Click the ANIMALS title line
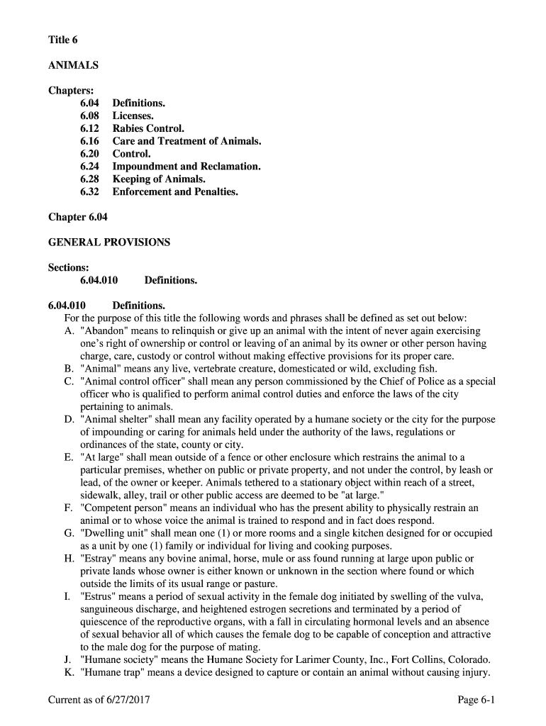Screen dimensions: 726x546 [x=73, y=65]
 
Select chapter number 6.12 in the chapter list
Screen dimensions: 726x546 [x=89, y=128]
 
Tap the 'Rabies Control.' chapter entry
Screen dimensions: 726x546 [x=148, y=128]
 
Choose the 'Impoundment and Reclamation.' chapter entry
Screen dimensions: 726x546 [x=186, y=167]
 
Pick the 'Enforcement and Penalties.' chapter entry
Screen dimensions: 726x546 [x=175, y=191]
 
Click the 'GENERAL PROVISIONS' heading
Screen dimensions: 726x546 [x=109, y=242]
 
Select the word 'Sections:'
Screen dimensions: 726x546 [x=69, y=267]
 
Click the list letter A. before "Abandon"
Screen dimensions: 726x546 [x=69, y=331]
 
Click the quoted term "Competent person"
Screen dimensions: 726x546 [x=121, y=508]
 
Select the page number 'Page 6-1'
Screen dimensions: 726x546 [x=476, y=700]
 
